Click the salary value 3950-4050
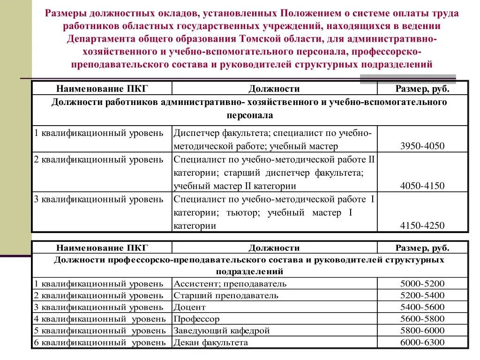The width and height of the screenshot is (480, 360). point(422,146)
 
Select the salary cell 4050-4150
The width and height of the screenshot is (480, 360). point(422,186)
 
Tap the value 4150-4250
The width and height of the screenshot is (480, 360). point(422,225)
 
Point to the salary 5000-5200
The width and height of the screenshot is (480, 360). point(422,284)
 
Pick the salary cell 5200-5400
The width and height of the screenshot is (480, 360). point(422,295)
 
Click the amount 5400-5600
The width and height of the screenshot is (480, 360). point(422,307)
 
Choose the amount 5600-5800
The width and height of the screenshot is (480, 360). point(422,319)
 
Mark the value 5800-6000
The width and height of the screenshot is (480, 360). point(422,330)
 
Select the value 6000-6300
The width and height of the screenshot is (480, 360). point(422,342)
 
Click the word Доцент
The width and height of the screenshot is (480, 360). point(189,307)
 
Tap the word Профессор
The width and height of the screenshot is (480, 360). point(196,319)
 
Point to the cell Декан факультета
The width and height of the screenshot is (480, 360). point(210,342)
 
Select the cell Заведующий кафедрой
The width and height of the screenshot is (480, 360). point(222,330)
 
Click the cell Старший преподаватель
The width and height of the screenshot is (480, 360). point(226,295)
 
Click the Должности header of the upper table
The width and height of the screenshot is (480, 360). point(274,89)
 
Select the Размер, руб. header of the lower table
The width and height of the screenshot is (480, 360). point(422,248)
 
